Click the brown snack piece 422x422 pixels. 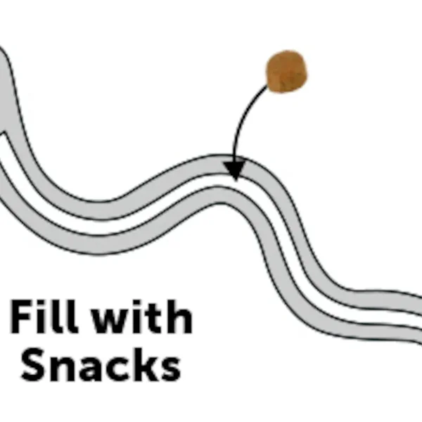(286, 71)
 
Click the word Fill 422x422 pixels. (44, 316)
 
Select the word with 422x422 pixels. (143, 316)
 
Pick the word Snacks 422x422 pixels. (101, 364)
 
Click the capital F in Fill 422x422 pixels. (22, 316)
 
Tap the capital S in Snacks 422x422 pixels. (33, 364)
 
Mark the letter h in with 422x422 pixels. (179, 316)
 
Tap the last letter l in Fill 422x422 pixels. (72, 316)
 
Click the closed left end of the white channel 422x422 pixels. (2, 134)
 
